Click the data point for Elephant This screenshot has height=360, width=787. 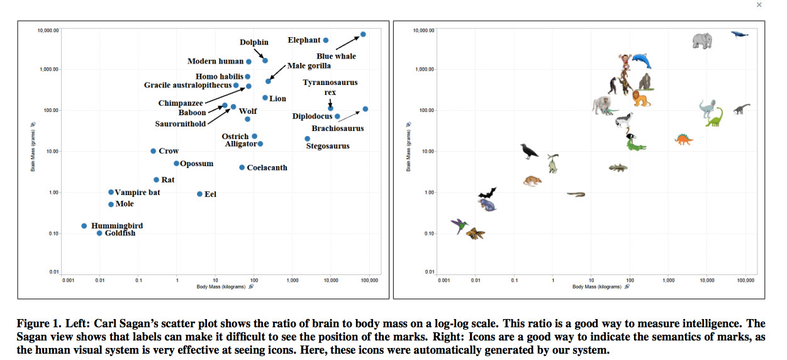coord(326,40)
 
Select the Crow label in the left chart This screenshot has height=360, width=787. coord(169,151)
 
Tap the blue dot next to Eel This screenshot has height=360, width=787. coord(199,194)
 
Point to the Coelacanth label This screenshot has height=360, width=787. coord(267,167)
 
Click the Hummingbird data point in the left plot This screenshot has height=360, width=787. coord(84,226)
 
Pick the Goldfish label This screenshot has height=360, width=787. coord(120,233)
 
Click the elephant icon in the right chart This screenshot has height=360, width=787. coord(702,41)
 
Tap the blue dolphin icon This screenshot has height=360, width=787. coord(641,61)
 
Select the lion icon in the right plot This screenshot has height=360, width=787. coord(640,98)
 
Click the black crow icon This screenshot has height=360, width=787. coord(529,150)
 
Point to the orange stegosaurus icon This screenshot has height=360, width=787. coord(683,139)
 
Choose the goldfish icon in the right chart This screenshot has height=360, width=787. coord(475,234)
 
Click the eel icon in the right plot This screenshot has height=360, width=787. coord(576,194)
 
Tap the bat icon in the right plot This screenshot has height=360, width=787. coord(487,193)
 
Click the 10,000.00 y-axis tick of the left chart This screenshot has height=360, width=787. coord(49,30)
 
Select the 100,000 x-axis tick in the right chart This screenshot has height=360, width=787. coord(745,279)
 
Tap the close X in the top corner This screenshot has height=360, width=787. coord(759,4)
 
